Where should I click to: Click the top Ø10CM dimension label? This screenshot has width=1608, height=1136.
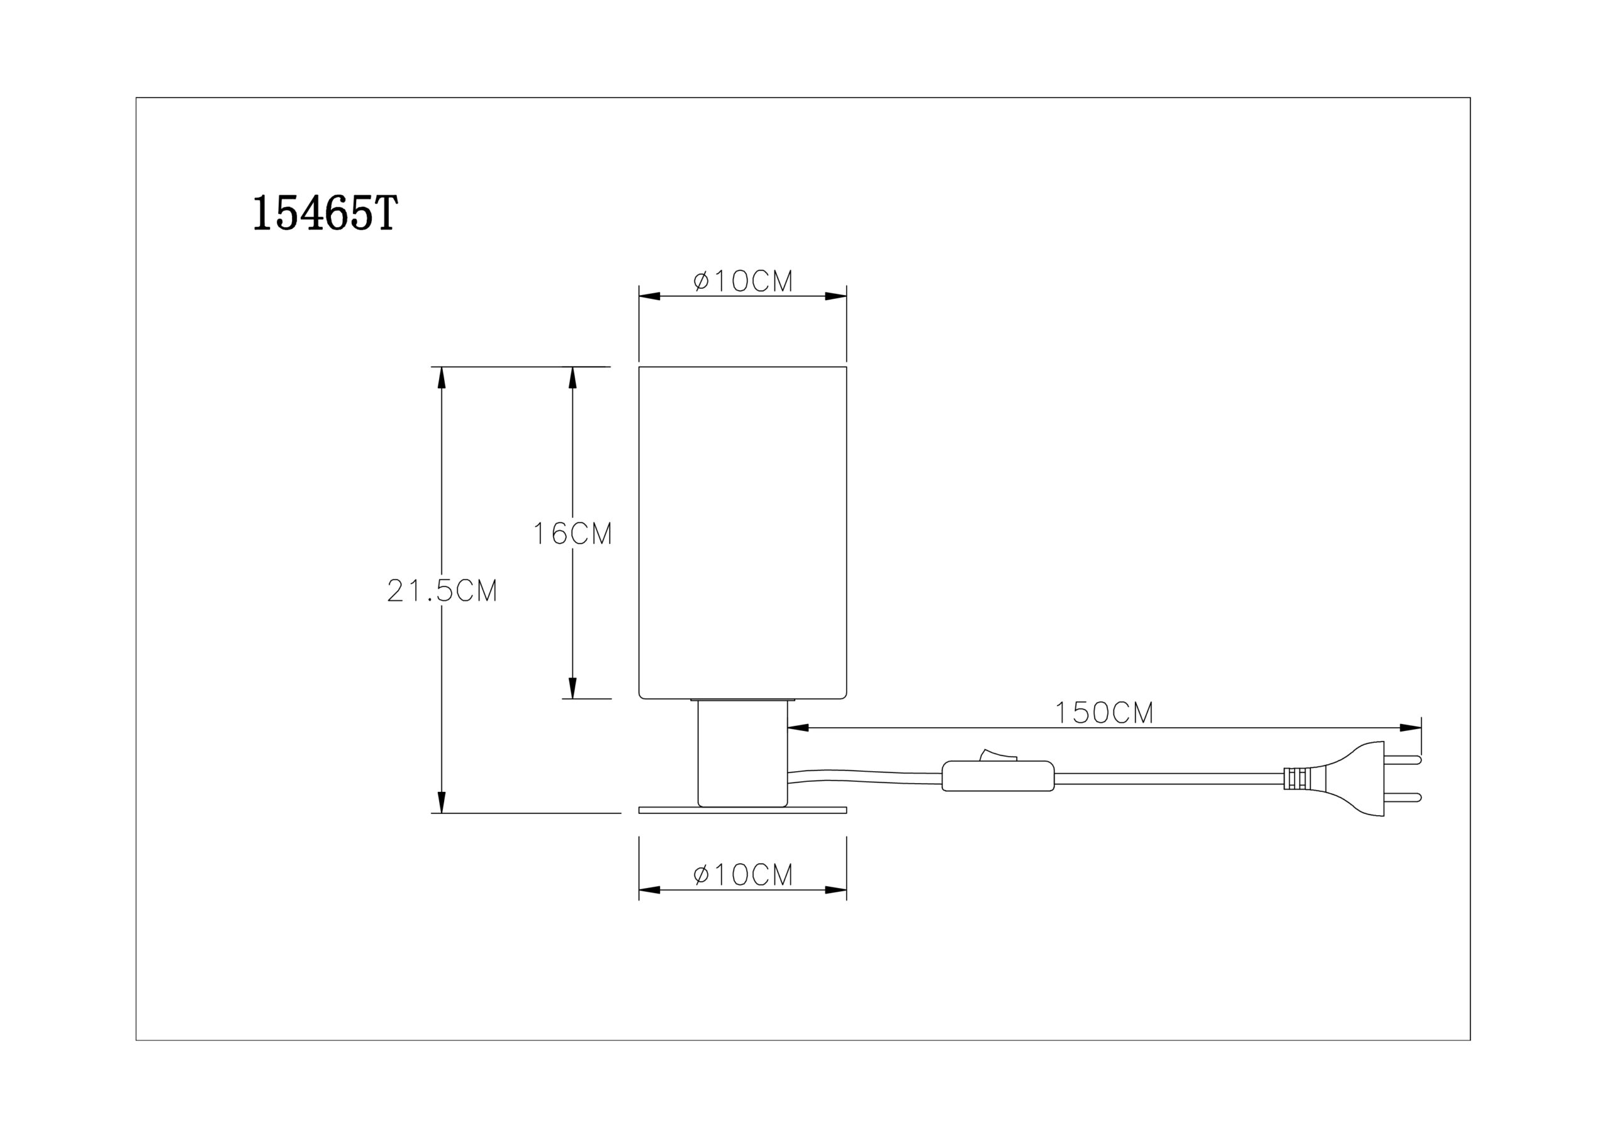point(743,281)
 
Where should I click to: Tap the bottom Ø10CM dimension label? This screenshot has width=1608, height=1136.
point(743,875)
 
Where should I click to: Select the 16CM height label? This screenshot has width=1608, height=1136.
point(573,534)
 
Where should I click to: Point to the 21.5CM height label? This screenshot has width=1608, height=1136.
point(443,591)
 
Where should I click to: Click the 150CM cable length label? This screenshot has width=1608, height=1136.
point(1104,713)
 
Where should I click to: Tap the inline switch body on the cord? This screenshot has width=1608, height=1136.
point(998,776)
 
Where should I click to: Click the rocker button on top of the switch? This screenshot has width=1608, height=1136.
point(998,754)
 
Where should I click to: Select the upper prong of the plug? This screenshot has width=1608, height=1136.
point(1403,760)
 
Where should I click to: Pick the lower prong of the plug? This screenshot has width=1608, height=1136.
point(1403,798)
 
